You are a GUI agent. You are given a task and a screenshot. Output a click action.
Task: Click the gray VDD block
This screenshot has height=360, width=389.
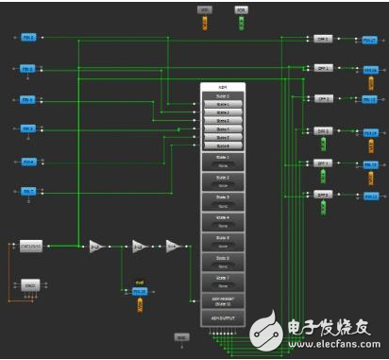[x=205, y=9]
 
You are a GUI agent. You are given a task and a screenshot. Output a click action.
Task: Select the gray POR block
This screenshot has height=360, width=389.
[x=241, y=9]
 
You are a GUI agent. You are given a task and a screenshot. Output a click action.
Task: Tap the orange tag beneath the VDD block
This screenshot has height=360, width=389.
[x=205, y=22]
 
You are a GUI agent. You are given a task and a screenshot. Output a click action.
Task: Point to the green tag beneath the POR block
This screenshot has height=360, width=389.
[x=241, y=22]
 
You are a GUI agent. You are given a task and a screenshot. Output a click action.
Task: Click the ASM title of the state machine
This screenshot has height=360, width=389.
[x=223, y=86]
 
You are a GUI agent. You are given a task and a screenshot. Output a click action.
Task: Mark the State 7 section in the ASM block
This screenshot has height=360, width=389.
[x=223, y=281]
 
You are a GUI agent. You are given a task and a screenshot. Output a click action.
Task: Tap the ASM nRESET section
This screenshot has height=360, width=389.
[x=223, y=300]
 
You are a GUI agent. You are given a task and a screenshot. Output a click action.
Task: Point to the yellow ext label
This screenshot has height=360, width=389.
[x=139, y=282]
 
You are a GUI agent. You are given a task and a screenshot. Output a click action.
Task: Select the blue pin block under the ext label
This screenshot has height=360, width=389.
[x=139, y=291]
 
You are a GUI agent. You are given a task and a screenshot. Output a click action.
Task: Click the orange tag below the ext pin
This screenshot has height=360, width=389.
[x=140, y=304]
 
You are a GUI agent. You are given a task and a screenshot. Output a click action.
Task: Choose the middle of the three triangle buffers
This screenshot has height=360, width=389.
[x=138, y=246]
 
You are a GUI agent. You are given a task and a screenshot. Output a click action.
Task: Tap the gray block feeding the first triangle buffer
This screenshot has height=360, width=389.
[x=31, y=246]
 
